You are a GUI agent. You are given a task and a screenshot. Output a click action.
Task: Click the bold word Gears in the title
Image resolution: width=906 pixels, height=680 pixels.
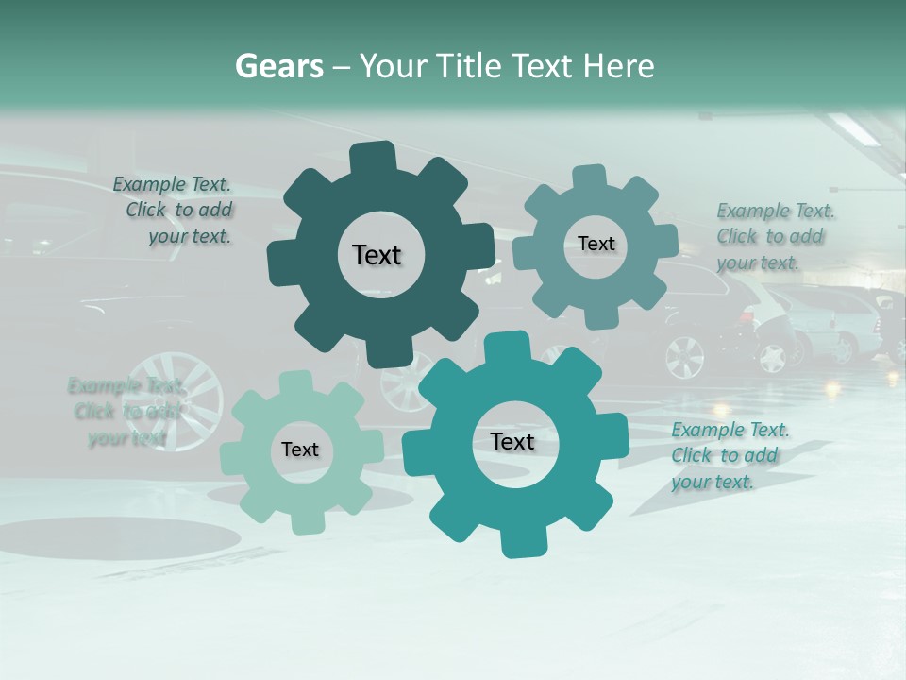(278, 66)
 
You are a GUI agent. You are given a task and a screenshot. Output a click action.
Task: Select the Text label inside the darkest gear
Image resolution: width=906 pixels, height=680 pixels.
(377, 255)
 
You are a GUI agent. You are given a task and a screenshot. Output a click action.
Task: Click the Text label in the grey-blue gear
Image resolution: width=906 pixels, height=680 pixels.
(596, 244)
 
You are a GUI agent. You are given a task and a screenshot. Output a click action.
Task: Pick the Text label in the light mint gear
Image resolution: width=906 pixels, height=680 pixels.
(300, 450)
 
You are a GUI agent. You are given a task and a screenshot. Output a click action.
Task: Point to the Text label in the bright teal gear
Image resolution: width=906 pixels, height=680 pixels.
(512, 441)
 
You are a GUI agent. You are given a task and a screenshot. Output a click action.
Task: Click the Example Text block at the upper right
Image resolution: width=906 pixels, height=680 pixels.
(774, 236)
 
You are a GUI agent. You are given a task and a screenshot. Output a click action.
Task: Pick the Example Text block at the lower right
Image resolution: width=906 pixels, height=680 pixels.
(729, 456)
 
